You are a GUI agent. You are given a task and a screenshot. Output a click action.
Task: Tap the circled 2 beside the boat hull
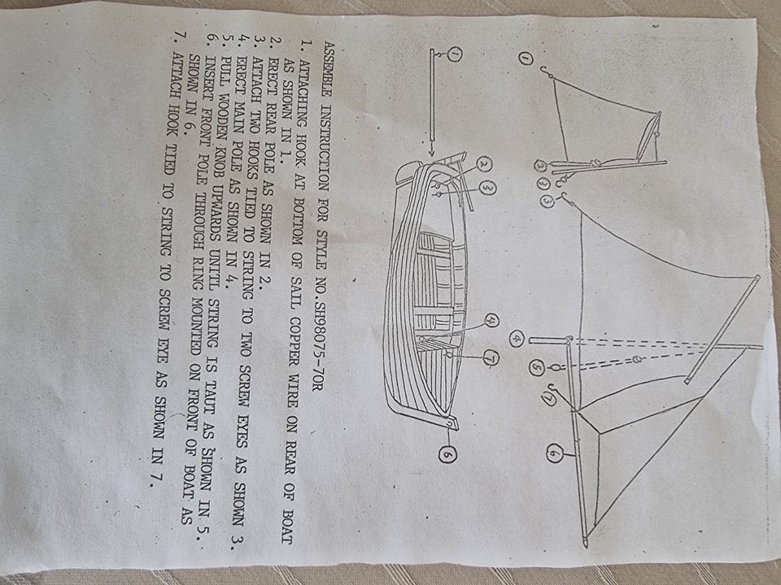pos(484,165)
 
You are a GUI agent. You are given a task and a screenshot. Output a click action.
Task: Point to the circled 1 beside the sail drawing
pos(524,59)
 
